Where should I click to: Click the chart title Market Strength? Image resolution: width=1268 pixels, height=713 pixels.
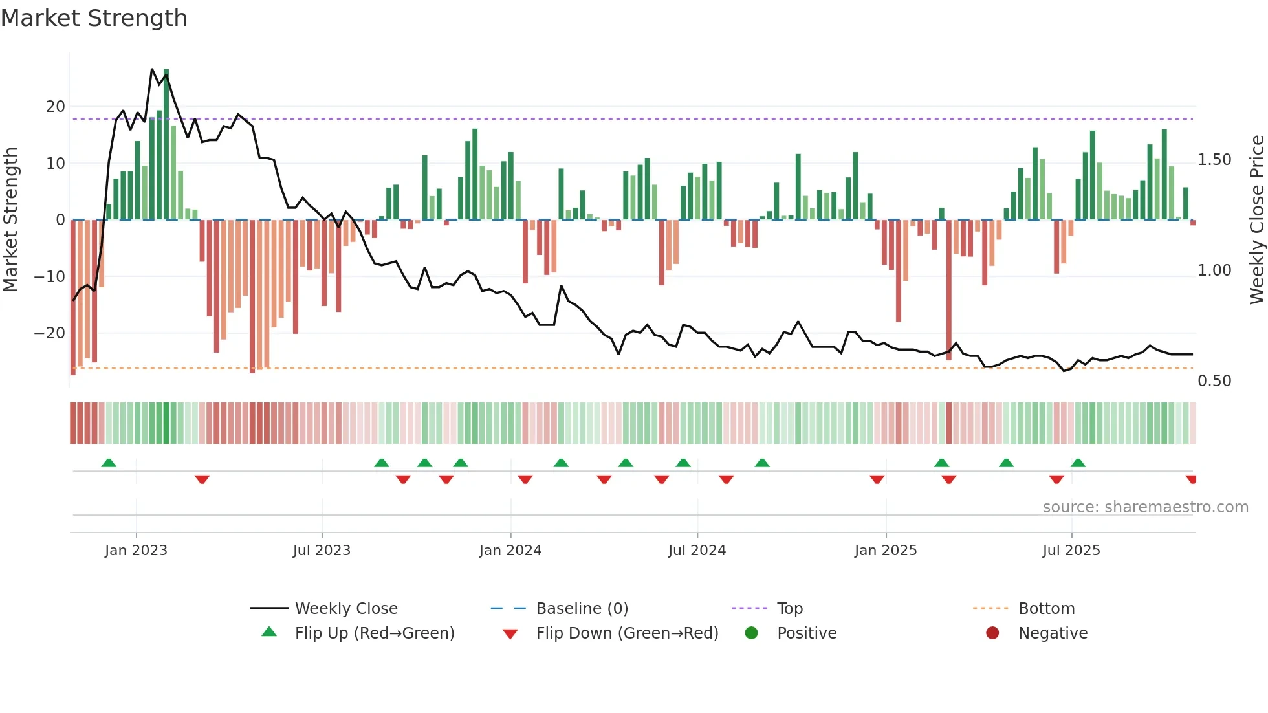pyautogui.click(x=94, y=18)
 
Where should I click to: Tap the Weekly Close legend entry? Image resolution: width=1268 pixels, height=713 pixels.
pyautogui.click(x=345, y=609)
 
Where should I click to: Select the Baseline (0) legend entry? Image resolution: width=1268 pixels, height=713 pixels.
pyautogui.click(x=582, y=609)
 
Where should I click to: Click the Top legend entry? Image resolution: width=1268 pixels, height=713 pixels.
pyautogui.click(x=789, y=609)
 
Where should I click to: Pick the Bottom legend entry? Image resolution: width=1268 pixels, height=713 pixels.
pyautogui.click(x=1046, y=609)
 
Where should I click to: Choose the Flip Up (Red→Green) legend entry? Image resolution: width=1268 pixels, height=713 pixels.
pyautogui.click(x=374, y=633)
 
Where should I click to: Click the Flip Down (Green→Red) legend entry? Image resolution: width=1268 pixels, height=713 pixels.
pyautogui.click(x=626, y=633)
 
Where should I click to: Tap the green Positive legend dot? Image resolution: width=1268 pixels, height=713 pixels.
pyautogui.click(x=751, y=633)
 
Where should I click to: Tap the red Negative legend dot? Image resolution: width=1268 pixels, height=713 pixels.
pyautogui.click(x=992, y=633)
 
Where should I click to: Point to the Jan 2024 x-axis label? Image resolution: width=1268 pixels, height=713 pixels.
pyautogui.click(x=510, y=551)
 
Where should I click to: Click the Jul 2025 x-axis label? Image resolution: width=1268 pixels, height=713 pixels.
pyautogui.click(x=1071, y=551)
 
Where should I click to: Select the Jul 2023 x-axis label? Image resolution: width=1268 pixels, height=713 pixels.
pyautogui.click(x=322, y=551)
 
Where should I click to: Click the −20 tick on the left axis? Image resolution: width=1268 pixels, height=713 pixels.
pyautogui.click(x=50, y=333)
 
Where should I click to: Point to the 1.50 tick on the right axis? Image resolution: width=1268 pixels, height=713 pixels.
pyautogui.click(x=1214, y=160)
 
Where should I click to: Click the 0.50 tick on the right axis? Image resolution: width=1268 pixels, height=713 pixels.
pyautogui.click(x=1214, y=381)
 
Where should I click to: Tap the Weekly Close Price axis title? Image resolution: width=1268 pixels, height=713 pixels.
pyautogui.click(x=1256, y=220)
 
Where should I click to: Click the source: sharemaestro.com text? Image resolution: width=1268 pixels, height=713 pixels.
pyautogui.click(x=1145, y=507)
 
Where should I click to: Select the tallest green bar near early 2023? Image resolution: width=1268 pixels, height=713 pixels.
pyautogui.click(x=166, y=142)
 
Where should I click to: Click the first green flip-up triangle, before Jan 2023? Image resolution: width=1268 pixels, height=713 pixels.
pyautogui.click(x=109, y=463)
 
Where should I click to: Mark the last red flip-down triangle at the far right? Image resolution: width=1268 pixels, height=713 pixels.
pyautogui.click(x=1191, y=479)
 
